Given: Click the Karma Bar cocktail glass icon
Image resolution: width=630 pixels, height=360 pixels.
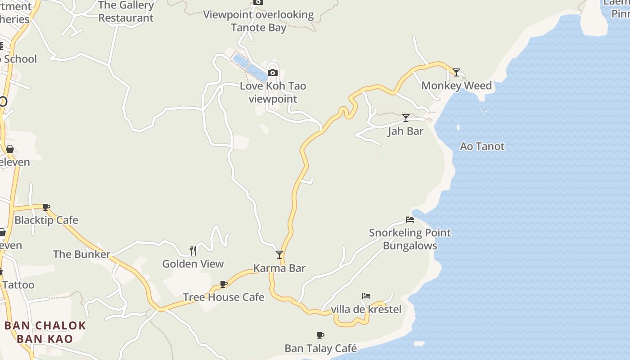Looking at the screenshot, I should pyautogui.click(x=279, y=255).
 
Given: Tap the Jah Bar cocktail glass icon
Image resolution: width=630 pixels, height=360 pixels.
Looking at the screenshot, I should pyautogui.click(x=406, y=118).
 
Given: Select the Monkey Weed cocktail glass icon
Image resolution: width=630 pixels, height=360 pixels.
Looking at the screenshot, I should pyautogui.click(x=456, y=72).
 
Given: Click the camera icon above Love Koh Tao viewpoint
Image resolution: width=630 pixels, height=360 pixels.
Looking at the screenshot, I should pyautogui.click(x=272, y=72).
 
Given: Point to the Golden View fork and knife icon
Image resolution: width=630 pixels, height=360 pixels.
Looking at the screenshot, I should pyautogui.click(x=193, y=250).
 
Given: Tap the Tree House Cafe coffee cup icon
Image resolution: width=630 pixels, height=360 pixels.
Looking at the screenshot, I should pyautogui.click(x=224, y=284).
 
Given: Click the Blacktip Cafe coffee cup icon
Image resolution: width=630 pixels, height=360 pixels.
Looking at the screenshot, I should pyautogui.click(x=46, y=207).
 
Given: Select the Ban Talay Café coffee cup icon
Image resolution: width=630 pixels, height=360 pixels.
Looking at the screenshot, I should pyautogui.click(x=320, y=335).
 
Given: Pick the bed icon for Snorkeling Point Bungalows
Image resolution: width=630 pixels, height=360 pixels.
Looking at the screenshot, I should pyautogui.click(x=410, y=220).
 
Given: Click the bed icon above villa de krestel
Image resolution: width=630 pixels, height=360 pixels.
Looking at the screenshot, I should pyautogui.click(x=366, y=296).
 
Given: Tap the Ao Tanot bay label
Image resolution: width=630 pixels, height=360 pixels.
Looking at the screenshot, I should pyautogui.click(x=482, y=146).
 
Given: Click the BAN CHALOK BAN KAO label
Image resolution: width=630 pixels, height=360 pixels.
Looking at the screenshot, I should pyautogui.click(x=45, y=332).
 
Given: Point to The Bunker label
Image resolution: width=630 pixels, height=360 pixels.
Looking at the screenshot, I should pyautogui.click(x=81, y=254).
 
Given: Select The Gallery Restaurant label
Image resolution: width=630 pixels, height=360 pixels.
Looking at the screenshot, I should pyautogui.click(x=126, y=12).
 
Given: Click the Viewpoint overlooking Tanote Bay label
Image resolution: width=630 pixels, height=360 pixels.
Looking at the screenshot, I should pyautogui.click(x=258, y=21).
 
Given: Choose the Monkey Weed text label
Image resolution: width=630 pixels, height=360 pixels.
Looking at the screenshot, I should pyautogui.click(x=456, y=85).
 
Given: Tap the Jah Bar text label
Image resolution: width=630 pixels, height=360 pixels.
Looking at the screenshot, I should pyautogui.click(x=406, y=131).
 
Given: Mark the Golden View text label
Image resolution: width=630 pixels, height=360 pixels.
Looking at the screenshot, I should pyautogui.click(x=193, y=264).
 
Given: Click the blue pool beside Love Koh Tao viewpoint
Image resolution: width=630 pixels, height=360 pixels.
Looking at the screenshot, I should pyautogui.click(x=250, y=67).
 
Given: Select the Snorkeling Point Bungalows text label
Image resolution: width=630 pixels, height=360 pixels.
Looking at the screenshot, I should pyautogui.click(x=410, y=239).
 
